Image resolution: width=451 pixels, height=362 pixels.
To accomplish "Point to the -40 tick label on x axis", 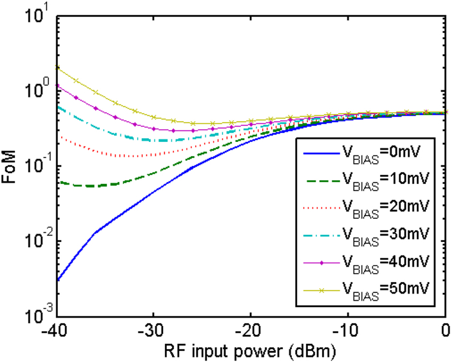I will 57,330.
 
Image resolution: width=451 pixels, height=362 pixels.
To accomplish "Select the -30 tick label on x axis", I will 153,330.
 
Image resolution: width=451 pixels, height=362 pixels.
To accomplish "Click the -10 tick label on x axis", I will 348,330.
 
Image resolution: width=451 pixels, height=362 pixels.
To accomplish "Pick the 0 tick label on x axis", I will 444,330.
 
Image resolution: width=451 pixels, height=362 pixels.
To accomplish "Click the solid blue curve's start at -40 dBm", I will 58,280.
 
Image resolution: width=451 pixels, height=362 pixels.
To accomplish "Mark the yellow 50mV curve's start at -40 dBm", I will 58,67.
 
